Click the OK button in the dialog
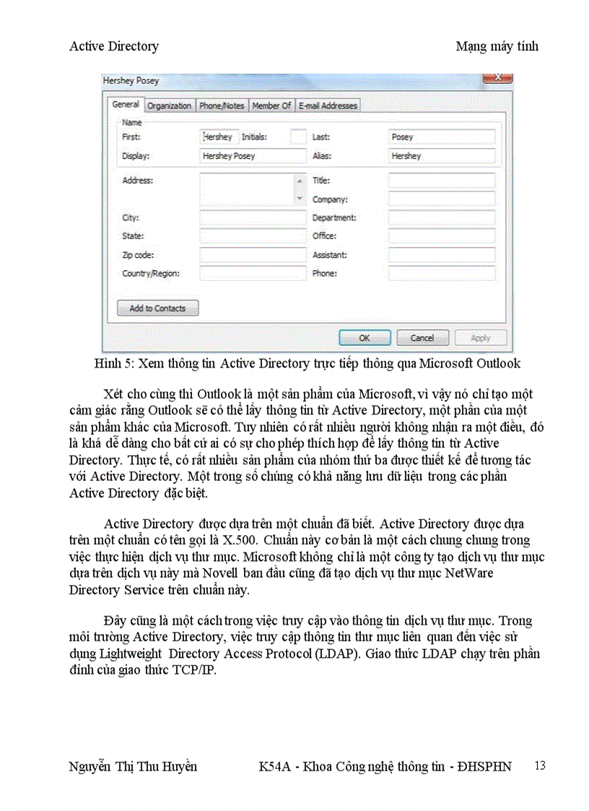[365, 337]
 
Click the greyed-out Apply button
[480, 337]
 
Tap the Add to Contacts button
[157, 308]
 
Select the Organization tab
[170, 105]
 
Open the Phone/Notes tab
[222, 105]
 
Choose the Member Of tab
[271, 105]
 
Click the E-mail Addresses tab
[328, 105]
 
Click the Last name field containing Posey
[441, 137]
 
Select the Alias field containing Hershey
[441, 156]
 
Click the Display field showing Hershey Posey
[253, 156]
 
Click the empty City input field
[253, 217]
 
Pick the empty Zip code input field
[253, 255]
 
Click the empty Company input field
[441, 199]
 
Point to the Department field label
[334, 217]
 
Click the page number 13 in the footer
[540, 766]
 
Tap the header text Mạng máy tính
[497, 46]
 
